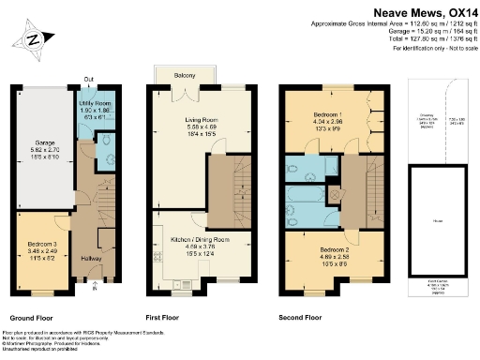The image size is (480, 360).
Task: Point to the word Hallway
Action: (93, 258)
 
